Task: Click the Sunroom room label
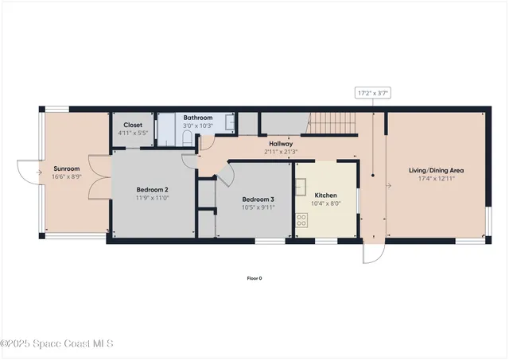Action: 66,168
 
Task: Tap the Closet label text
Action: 132,125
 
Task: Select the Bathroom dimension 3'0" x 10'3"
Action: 197,126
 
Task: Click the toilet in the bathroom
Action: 186,139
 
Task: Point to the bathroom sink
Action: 230,122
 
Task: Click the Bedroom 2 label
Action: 152,188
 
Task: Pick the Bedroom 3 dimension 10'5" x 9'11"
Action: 258,207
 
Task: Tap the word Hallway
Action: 281,144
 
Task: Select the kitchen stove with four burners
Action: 302,220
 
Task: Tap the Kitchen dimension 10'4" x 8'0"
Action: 326,203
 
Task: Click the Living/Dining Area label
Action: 436,170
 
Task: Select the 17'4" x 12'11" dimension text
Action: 436,179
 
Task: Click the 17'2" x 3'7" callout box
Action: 373,93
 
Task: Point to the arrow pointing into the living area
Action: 387,186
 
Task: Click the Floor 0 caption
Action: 254,277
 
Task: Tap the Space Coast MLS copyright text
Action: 57,343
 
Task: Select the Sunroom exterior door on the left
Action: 29,169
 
